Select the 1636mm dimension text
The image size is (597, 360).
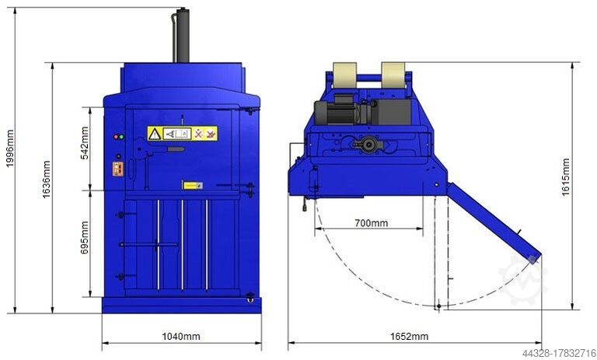click(46, 178)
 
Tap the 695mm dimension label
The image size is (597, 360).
click(85, 236)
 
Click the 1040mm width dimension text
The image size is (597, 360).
click(181, 337)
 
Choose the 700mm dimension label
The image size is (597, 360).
click(371, 223)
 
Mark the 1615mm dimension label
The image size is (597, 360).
click(565, 177)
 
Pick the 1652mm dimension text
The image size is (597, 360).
click(408, 337)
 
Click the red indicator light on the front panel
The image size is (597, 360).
click(115, 137)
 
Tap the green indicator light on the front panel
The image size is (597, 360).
click(120, 137)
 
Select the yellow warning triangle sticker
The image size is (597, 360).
click(155, 134)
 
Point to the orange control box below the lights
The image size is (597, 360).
click(118, 166)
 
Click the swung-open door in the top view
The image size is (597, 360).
click(494, 221)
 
